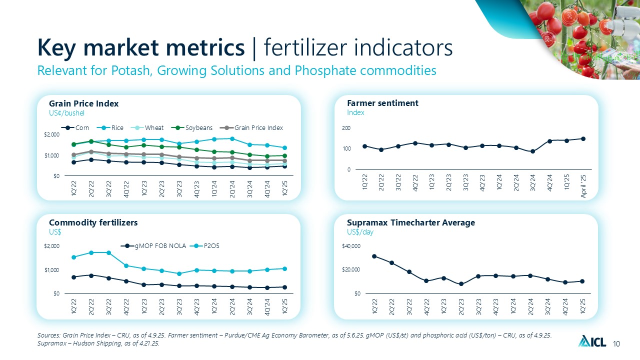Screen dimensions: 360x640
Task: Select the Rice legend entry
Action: [112, 128]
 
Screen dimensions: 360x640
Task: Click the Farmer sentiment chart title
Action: [382, 103]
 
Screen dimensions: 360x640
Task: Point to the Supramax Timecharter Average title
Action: [410, 222]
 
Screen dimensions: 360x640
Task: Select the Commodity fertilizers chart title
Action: [93, 222]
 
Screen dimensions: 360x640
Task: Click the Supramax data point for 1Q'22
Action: [374, 256]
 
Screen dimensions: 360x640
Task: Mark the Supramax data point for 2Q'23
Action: [461, 284]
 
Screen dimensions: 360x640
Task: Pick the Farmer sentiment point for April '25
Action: [583, 138]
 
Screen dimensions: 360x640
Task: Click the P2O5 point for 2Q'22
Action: [91, 252]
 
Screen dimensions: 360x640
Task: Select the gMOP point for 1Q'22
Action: [73, 277]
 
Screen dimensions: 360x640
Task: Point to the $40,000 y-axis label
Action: [350, 246]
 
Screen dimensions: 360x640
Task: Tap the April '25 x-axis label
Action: [583, 186]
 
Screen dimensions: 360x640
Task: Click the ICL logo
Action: [592, 342]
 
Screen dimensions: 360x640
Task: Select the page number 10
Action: [616, 343]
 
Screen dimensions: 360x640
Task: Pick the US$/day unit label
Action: [360, 232]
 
